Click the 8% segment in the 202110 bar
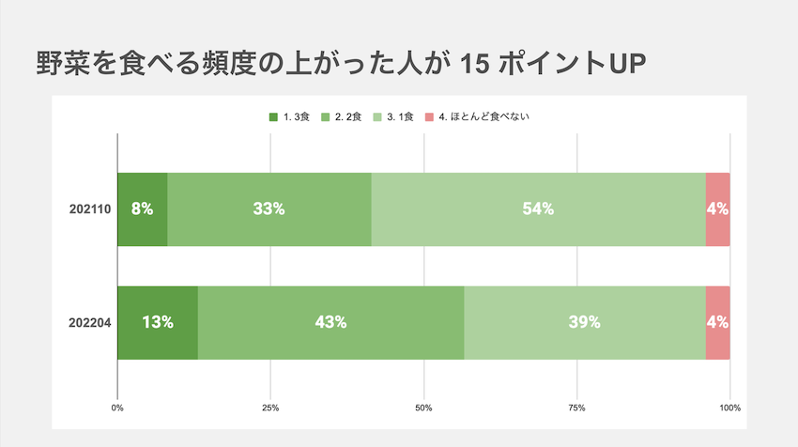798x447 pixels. pyautogui.click(x=142, y=209)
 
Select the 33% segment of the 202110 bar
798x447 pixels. pyautogui.click(x=269, y=209)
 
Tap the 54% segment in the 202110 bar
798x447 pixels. pyautogui.click(x=538, y=209)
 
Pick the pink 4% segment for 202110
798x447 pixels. pyautogui.click(x=717, y=209)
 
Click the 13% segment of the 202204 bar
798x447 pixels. pyautogui.click(x=157, y=322)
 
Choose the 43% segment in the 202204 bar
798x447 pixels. pyautogui.click(x=330, y=322)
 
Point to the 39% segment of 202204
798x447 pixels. pyautogui.click(x=584, y=322)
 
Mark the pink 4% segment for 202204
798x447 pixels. pyautogui.click(x=717, y=322)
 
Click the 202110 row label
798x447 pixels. pyautogui.click(x=90, y=209)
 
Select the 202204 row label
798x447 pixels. pyautogui.click(x=90, y=322)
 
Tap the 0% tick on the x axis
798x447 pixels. pyautogui.click(x=117, y=408)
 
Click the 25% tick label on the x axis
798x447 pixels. pyautogui.click(x=270, y=408)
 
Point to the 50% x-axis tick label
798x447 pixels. pyautogui.click(x=423, y=408)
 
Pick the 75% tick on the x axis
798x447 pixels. pyautogui.click(x=576, y=408)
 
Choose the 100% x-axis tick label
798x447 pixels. pyautogui.click(x=729, y=408)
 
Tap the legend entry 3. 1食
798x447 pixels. pyautogui.click(x=399, y=116)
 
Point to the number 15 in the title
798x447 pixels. pyautogui.click(x=483, y=65)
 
